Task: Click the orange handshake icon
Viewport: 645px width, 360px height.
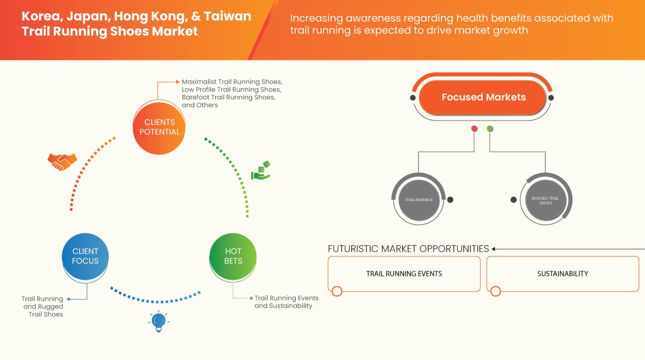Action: (62, 161)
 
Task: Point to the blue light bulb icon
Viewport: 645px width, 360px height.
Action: (159, 321)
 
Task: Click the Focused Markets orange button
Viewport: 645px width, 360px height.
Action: (483, 97)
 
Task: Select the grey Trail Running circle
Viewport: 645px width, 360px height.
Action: (418, 200)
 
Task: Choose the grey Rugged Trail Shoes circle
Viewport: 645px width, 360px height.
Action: (545, 200)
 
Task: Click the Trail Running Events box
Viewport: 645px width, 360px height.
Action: (404, 274)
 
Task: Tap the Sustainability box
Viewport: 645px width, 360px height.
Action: (562, 274)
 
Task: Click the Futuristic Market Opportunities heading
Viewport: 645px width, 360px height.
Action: (408, 249)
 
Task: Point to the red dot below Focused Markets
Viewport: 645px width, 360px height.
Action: (474, 129)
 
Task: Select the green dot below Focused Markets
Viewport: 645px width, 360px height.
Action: (490, 129)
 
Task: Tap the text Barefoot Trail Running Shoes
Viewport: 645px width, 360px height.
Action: (228, 97)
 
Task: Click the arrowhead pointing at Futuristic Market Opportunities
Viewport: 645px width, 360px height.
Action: (494, 249)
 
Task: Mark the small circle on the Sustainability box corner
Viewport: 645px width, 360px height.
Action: (495, 291)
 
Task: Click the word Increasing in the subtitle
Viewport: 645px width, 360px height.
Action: (315, 19)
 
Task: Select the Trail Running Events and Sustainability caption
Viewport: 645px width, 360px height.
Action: (286, 302)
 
